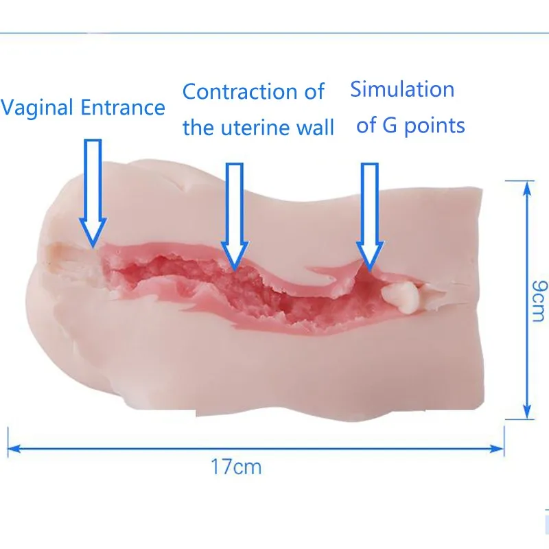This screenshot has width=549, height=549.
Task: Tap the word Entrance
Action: [x=123, y=107]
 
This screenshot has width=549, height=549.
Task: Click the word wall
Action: [x=315, y=127]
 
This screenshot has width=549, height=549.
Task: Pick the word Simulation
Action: [x=402, y=89]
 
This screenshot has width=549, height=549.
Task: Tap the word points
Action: [x=434, y=126]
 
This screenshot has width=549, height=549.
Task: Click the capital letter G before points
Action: [x=390, y=126]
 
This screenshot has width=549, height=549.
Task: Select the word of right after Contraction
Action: [x=314, y=91]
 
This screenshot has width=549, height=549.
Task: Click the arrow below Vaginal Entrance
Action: [x=93, y=194]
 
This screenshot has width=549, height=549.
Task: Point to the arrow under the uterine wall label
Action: [x=235, y=217]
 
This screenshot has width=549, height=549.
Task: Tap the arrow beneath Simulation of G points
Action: [x=370, y=217]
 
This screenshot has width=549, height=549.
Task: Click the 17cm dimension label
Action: [x=236, y=467]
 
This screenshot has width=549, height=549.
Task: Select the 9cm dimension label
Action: [x=539, y=301]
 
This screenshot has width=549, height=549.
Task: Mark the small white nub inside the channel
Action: [x=401, y=296]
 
